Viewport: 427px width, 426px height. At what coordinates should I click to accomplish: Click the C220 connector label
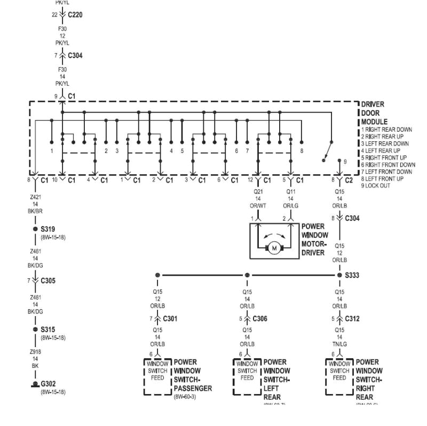point(75,15)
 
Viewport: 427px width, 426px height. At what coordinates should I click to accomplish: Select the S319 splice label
point(48,229)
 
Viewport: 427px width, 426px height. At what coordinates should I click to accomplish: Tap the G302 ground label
point(49,383)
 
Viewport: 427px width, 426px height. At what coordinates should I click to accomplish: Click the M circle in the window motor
point(274,247)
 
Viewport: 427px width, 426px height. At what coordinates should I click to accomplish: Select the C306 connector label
point(259,319)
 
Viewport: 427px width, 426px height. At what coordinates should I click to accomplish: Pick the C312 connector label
point(352,319)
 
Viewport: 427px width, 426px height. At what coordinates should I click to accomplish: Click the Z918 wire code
point(35,352)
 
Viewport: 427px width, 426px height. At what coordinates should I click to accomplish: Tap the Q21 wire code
point(258,190)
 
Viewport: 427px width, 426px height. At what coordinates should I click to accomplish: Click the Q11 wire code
point(291,190)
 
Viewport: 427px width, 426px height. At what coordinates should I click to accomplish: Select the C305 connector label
point(48,280)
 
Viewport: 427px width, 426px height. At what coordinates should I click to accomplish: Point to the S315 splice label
point(48,329)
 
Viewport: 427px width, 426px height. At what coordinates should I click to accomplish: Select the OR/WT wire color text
point(258,205)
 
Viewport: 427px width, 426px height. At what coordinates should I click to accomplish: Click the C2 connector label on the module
point(349,181)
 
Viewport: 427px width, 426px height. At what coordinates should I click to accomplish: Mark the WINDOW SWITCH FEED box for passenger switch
point(157,371)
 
